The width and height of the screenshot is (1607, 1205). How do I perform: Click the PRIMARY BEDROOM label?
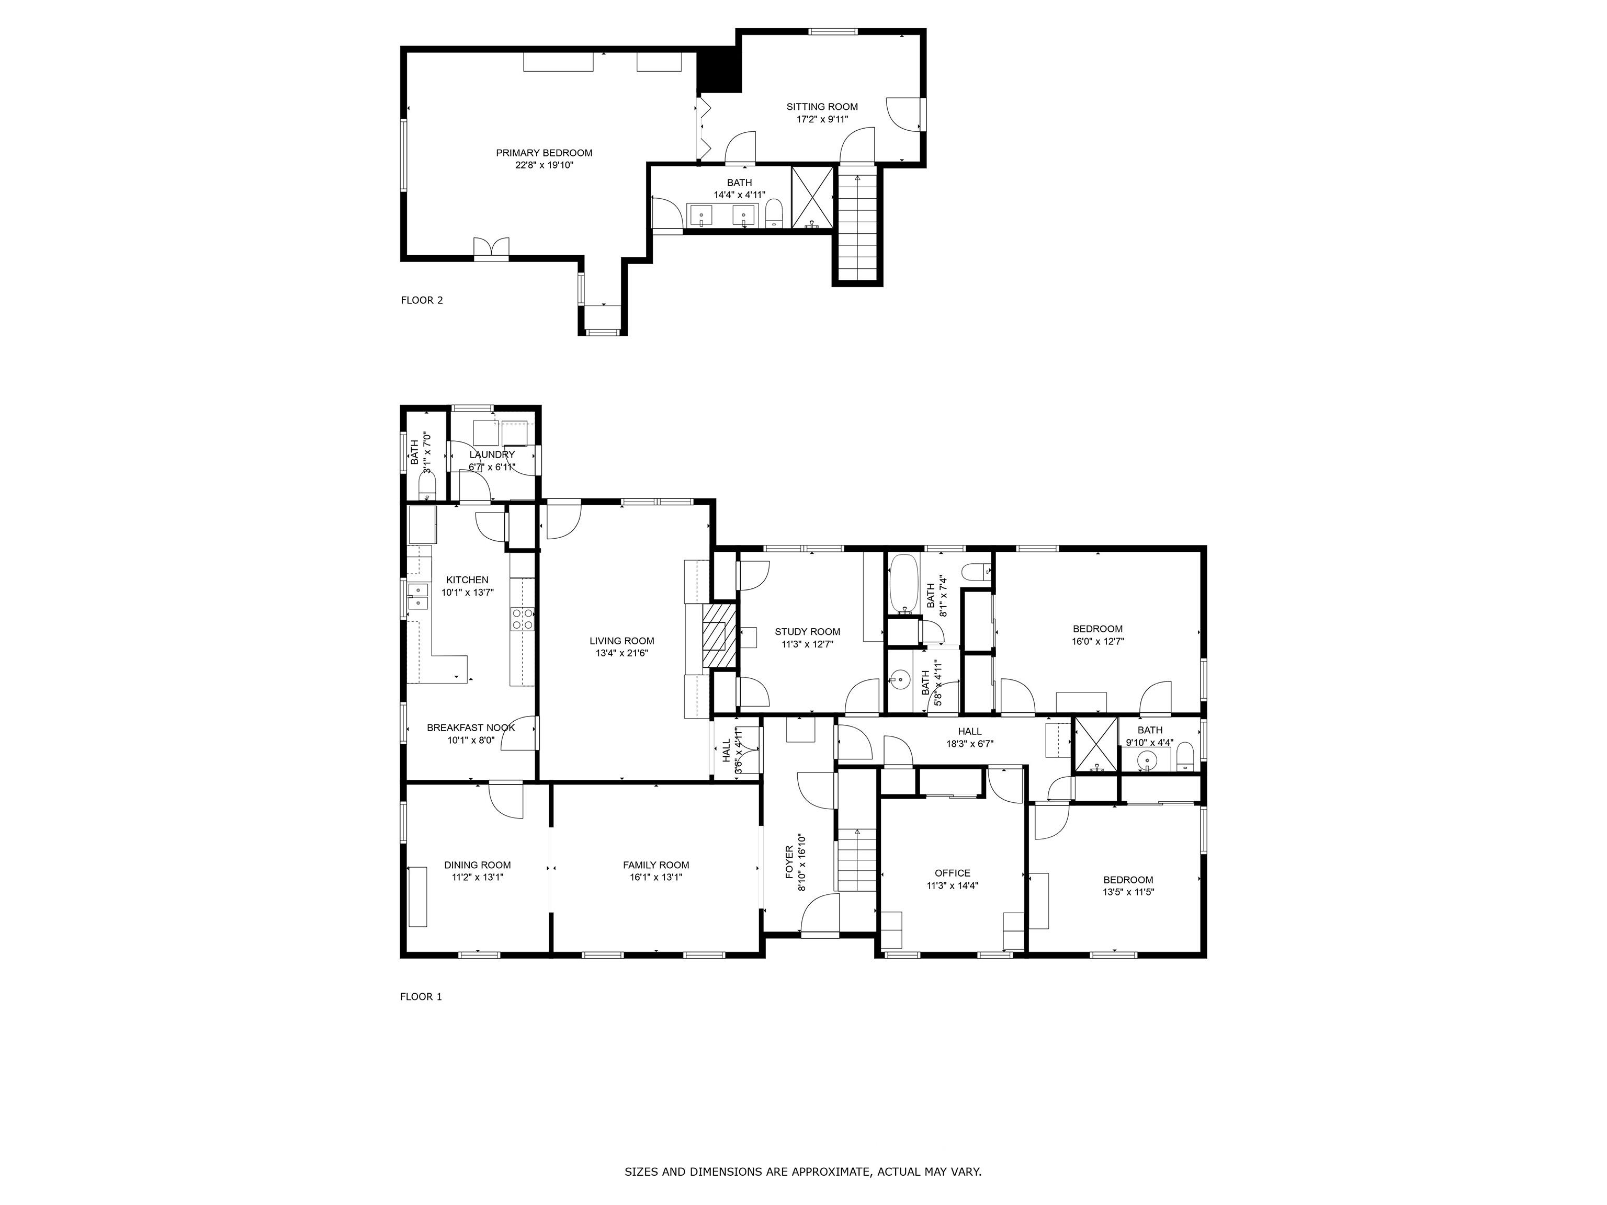click(x=544, y=153)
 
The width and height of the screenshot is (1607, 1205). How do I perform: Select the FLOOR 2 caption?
click(x=421, y=300)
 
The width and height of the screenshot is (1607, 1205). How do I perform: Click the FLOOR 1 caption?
click(x=421, y=996)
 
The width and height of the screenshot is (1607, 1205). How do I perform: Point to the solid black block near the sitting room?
click(x=719, y=71)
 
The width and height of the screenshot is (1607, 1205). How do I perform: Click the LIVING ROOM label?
click(x=622, y=641)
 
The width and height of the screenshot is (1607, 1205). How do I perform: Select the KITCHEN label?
click(x=467, y=579)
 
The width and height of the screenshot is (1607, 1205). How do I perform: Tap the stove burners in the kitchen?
click(x=523, y=619)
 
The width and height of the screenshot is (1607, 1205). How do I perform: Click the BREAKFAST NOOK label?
click(x=471, y=727)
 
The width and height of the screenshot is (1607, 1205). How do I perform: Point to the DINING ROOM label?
click(x=477, y=865)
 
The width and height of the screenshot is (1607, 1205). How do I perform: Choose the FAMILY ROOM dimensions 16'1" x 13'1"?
click(x=655, y=877)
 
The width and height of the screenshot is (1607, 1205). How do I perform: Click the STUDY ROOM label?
click(x=807, y=632)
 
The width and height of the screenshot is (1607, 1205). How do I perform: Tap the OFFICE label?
click(x=953, y=873)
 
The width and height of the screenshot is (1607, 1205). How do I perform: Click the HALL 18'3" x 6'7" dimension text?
click(x=970, y=744)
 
